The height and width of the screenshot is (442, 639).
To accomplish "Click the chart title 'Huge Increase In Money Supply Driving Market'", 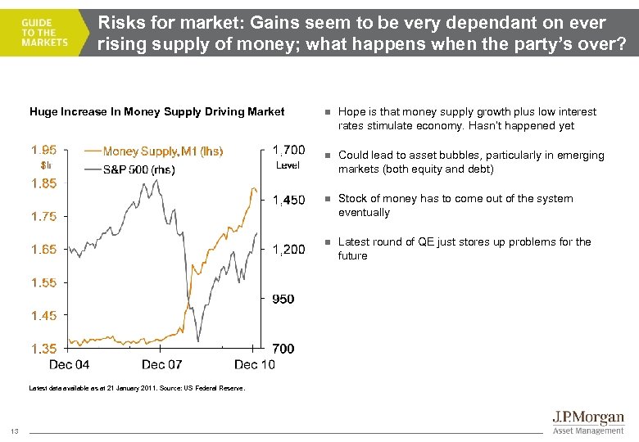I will (156, 112).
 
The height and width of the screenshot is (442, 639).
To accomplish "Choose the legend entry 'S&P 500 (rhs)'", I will (138, 169).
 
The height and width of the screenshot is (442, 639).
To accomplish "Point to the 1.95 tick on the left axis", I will (43, 150).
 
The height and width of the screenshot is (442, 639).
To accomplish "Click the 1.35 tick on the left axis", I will (43, 349).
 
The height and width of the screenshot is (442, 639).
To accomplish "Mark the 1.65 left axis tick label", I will (43, 249).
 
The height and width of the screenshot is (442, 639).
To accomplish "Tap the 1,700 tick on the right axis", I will (288, 150).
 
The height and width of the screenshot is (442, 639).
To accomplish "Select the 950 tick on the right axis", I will (283, 299).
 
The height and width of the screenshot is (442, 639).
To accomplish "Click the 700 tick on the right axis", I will (283, 349).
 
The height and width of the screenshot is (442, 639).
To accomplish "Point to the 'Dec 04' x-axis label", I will (70, 364).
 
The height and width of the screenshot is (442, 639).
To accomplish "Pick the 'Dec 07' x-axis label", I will (161, 364).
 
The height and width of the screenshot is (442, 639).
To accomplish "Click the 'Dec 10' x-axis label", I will (254, 364).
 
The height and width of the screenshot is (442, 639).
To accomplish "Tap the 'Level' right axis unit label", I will (288, 165).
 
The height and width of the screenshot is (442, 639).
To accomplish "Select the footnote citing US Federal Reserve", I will (137, 388).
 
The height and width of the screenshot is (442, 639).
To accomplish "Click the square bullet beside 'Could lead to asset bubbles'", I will (325, 156).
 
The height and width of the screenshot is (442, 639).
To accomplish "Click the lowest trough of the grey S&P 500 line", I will (198, 341).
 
